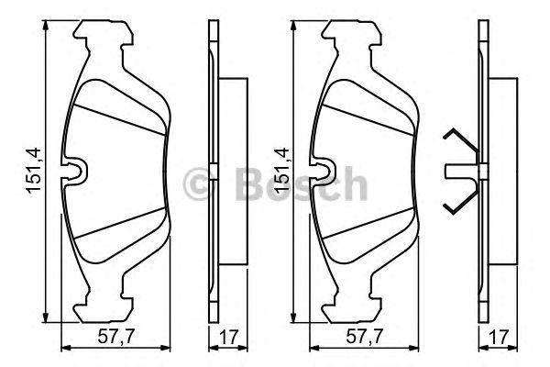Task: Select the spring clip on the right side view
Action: (x=458, y=171)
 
